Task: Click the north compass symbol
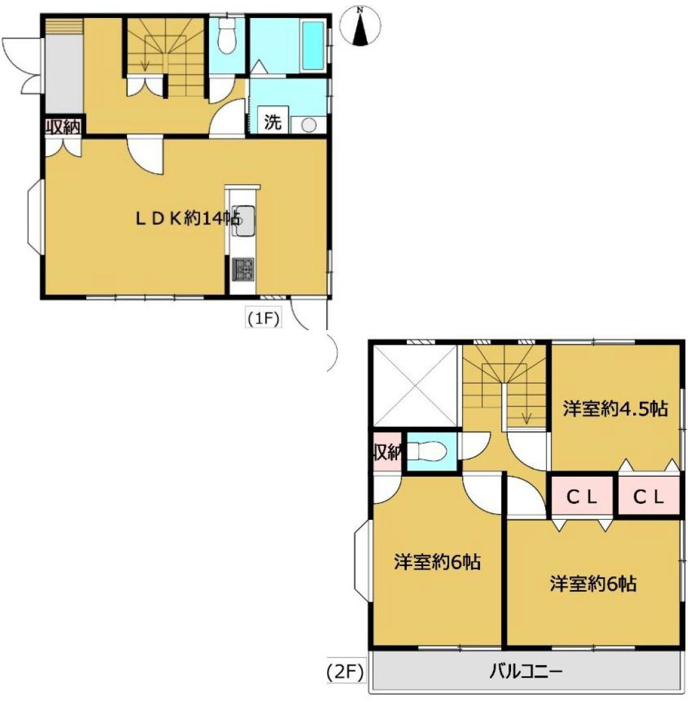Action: tap(360, 26)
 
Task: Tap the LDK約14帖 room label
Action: tap(188, 219)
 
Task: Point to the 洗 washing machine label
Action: tap(272, 122)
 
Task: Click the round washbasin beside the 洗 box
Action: tap(308, 125)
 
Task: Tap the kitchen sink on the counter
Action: tap(243, 221)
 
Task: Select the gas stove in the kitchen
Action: tap(243, 269)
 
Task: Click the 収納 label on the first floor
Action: tap(64, 127)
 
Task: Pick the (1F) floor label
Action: tap(263, 318)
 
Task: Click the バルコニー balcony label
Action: tap(526, 672)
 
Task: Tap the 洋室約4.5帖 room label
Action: tap(615, 409)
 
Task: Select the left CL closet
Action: tap(582, 497)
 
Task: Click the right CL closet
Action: tap(649, 497)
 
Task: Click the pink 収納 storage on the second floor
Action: tap(387, 452)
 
